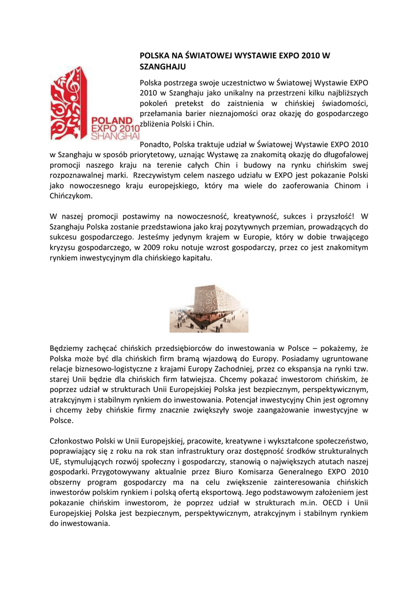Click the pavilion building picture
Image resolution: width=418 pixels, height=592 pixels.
pos(208,309)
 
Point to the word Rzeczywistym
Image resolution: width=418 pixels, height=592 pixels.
pos(158,175)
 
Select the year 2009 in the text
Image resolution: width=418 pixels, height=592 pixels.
pos(143,247)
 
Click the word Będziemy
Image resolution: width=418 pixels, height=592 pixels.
pos(69,348)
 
